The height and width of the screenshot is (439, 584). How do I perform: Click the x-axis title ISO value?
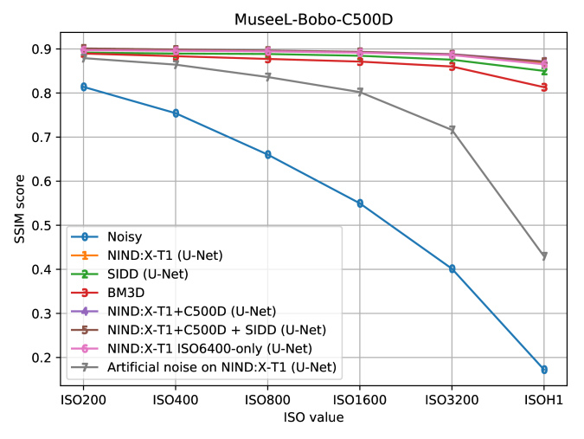tap(313, 417)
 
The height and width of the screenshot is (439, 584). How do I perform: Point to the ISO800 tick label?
tap(268, 399)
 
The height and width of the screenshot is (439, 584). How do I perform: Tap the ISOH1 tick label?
tap(544, 399)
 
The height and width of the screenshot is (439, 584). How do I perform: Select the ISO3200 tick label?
tap(452, 399)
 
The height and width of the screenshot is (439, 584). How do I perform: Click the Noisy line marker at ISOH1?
tap(544, 370)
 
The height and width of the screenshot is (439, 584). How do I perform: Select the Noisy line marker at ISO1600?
tap(360, 203)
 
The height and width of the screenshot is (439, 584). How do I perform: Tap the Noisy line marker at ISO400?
tap(176, 113)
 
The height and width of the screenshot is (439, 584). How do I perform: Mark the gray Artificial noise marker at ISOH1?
tap(544, 256)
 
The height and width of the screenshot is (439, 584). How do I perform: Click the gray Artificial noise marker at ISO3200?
tap(452, 131)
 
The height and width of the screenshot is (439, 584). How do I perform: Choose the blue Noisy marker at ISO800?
tap(268, 155)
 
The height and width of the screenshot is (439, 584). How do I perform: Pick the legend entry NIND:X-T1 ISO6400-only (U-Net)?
tap(209, 349)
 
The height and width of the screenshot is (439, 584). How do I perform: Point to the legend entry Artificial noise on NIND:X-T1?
tap(222, 368)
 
